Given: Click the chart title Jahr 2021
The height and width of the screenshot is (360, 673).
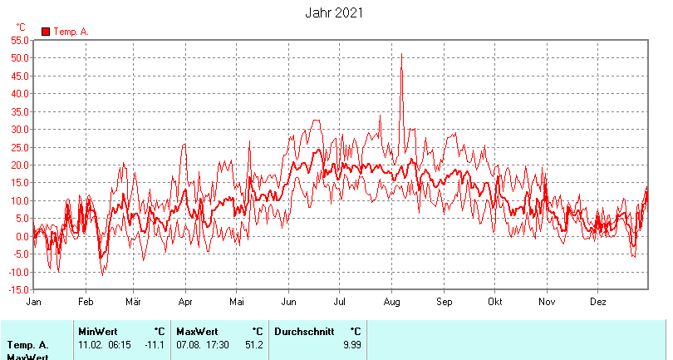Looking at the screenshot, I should click(x=334, y=13).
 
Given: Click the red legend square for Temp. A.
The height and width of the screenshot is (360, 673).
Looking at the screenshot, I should click(x=46, y=32).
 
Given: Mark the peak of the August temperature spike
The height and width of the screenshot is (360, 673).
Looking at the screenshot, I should click(x=401, y=55).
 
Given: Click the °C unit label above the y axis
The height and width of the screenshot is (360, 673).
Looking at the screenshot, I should click(x=21, y=27).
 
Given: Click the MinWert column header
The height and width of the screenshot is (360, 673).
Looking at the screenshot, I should click(x=97, y=331).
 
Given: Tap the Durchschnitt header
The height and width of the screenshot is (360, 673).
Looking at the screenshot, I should click(x=304, y=331).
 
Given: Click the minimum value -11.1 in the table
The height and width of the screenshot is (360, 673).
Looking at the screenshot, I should click(x=155, y=344).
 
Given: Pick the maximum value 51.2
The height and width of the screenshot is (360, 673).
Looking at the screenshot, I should click(x=253, y=344).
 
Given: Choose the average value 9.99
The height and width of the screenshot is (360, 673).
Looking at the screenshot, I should click(x=351, y=344).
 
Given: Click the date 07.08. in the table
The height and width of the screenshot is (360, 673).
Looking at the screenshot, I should click(x=189, y=344).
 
